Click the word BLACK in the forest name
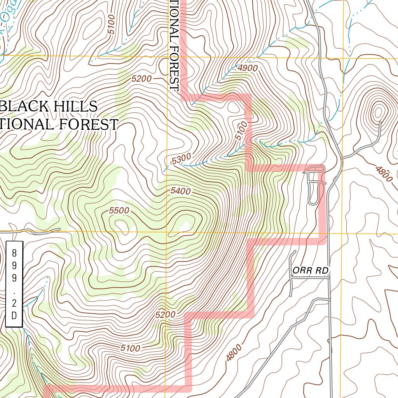[29, 106]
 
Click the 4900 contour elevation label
[248, 68]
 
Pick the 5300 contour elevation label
[181, 159]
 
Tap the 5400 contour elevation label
[180, 191]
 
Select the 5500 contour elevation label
[119, 210]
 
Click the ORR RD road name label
[311, 271]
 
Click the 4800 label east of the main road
[384, 173]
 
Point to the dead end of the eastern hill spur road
[380, 123]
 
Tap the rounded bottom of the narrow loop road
[313, 202]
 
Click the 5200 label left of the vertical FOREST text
[141, 79]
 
